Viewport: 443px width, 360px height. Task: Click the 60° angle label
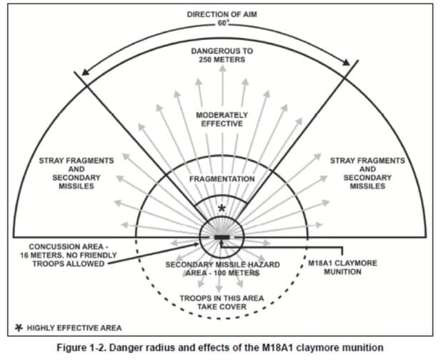tap(222, 24)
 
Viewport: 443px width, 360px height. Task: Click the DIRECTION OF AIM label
tap(222, 14)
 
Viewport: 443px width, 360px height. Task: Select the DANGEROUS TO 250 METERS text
tap(222, 55)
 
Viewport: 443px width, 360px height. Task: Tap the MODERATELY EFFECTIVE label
tap(222, 119)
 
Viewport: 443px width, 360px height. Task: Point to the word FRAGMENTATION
tap(222, 179)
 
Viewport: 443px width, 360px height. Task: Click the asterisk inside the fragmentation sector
tap(222, 209)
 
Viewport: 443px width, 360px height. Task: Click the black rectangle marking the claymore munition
tap(222, 237)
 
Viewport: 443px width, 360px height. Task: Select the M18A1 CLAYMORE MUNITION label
tap(342, 267)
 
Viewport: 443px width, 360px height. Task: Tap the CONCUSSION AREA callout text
tap(69, 255)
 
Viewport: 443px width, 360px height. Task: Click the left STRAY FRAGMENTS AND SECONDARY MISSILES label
tap(76, 174)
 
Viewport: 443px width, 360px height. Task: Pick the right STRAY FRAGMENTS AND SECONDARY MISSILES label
tap(367, 174)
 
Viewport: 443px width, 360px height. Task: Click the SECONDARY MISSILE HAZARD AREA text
tap(223, 269)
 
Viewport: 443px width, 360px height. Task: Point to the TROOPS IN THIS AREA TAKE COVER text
tap(222, 302)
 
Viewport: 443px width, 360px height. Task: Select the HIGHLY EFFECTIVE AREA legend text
tap(74, 328)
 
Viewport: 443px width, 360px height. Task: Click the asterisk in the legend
tap(19, 328)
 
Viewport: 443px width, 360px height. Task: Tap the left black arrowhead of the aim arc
tap(85, 72)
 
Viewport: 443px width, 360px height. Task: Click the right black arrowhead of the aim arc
tap(347, 62)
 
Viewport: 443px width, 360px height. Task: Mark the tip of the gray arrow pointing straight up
tap(223, 65)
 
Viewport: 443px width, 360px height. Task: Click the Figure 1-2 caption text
tap(220, 348)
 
